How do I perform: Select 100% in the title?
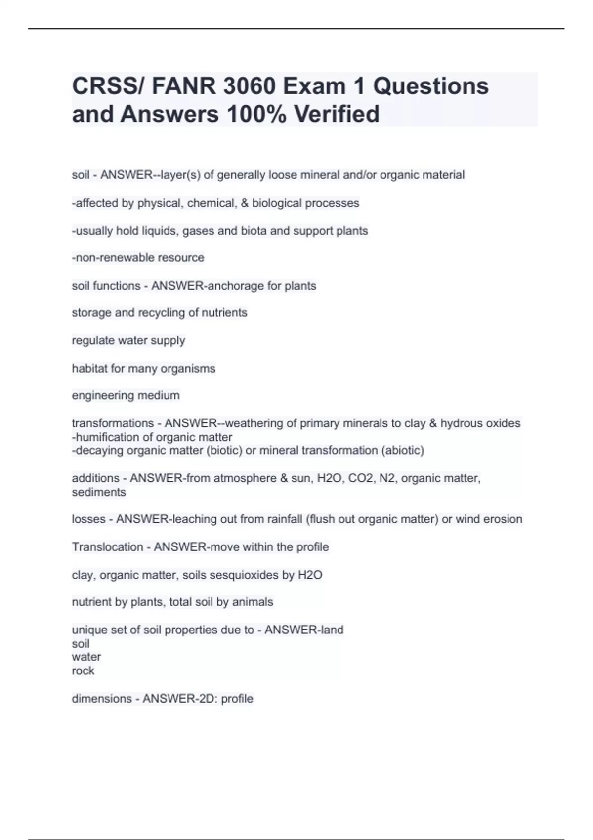pyautogui.click(x=256, y=114)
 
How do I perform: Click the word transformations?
pyautogui.click(x=113, y=423)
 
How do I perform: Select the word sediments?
pyautogui.click(x=99, y=492)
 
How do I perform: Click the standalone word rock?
pyautogui.click(x=83, y=671)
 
